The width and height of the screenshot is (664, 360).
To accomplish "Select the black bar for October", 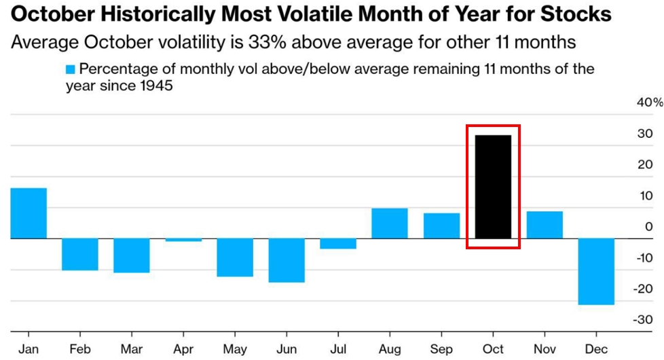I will pos(493,187).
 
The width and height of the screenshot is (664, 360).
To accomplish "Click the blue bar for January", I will pos(29,213).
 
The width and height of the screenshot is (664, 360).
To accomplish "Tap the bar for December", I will pos(596,271).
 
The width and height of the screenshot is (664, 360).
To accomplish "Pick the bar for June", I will pos(287,260).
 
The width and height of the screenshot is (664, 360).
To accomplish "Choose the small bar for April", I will pos(183,240).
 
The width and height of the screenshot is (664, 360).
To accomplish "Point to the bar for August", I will pos(390,223).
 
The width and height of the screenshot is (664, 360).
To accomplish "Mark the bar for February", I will pos(80,254).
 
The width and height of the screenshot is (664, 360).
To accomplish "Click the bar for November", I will pos(545,225).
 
